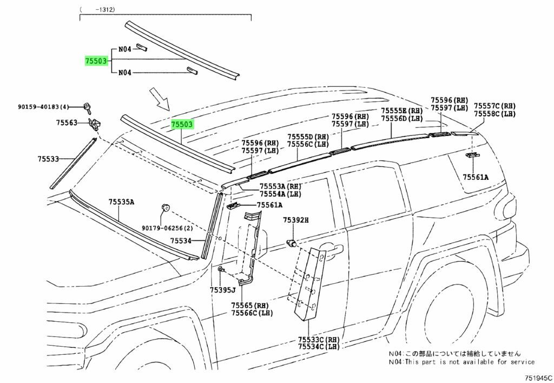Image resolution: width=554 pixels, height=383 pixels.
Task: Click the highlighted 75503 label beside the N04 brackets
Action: [x=96, y=61]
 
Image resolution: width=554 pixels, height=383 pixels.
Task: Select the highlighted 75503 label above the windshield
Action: [x=182, y=125]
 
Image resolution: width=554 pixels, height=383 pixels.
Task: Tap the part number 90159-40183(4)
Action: [x=43, y=108]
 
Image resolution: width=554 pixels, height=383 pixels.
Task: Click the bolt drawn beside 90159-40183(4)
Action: [x=87, y=107]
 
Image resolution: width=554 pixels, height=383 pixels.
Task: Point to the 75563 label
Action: [x=67, y=124]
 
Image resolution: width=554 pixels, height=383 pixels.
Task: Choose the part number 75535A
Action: [x=121, y=202]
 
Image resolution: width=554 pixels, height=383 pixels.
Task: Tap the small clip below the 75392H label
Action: [x=292, y=243]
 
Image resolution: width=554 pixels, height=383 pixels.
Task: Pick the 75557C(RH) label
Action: [x=494, y=106]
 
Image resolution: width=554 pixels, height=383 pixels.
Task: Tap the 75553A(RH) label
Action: [x=280, y=186]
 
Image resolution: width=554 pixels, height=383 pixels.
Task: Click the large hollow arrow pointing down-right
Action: [x=161, y=99]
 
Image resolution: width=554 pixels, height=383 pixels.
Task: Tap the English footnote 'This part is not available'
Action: [x=461, y=361]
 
